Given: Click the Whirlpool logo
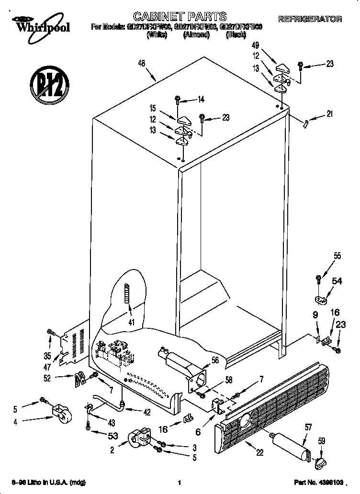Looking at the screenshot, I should pos(42,25).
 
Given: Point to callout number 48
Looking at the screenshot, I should pos(141,63).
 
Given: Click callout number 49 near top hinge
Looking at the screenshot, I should pos(256,46).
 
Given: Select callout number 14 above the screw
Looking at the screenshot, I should pos(201,100).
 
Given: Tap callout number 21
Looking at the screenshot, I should pos(329,114).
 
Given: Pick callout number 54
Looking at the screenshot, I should pos(337,281).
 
